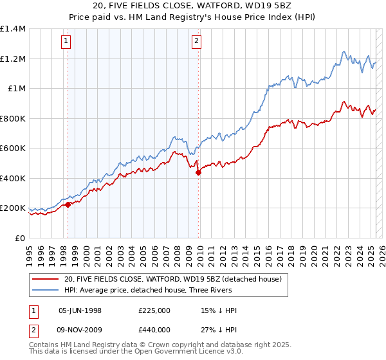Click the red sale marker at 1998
point(68,205)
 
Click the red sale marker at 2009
point(198,172)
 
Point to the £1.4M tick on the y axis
point(14,29)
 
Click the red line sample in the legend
point(46,279)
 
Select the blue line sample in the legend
point(46,291)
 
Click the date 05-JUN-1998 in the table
point(80,310)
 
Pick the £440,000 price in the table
point(154,330)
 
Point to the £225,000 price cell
point(154,310)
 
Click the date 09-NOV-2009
point(80,330)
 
